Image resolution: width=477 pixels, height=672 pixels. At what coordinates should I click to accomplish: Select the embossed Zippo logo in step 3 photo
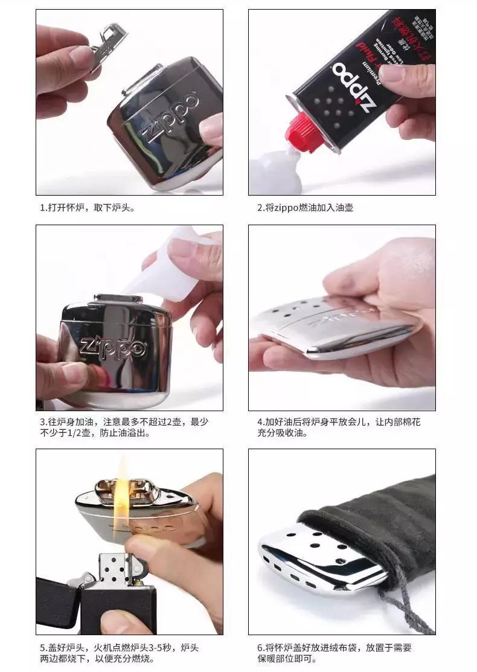112,348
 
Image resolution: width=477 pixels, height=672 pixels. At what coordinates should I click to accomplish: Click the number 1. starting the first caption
43,208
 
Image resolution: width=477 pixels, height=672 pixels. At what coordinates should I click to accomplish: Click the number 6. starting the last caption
261,648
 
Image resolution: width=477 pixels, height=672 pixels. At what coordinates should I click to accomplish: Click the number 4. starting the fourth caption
261,421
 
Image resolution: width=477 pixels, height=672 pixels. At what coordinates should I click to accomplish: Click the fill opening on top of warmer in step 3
119,298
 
